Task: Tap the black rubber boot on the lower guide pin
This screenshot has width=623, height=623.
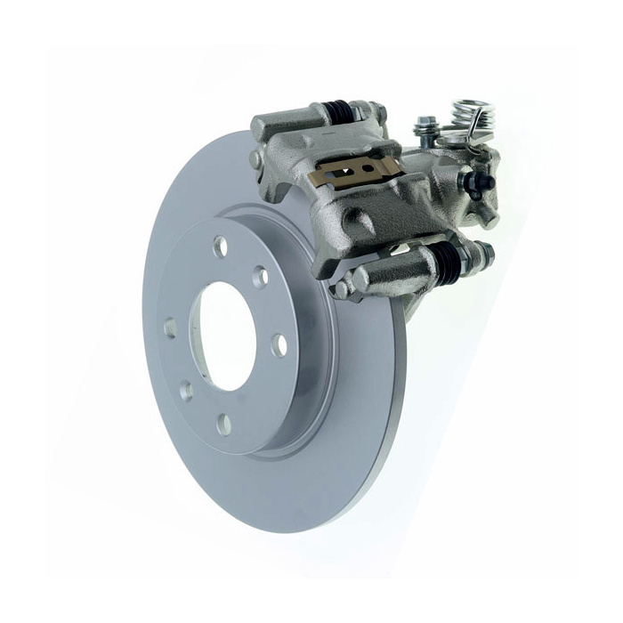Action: click(x=449, y=259)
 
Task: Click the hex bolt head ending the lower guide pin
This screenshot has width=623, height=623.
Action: click(x=484, y=253)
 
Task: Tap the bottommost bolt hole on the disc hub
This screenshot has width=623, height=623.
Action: click(x=222, y=425)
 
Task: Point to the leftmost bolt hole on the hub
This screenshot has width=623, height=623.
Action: click(x=170, y=328)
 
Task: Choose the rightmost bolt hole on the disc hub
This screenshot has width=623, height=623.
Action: click(x=279, y=344)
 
